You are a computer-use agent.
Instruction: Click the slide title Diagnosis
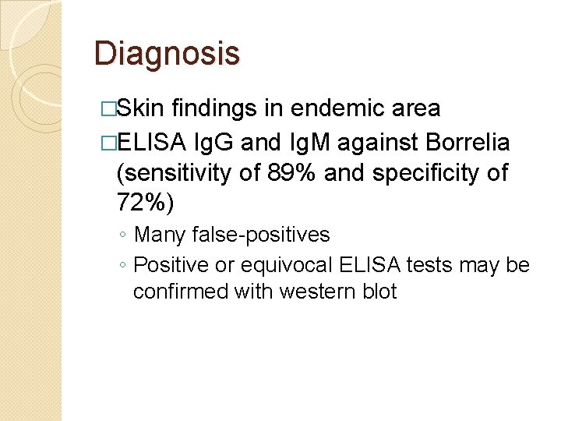click(167, 55)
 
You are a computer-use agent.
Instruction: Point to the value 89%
click(312, 173)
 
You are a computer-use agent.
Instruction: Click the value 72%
click(145, 203)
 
